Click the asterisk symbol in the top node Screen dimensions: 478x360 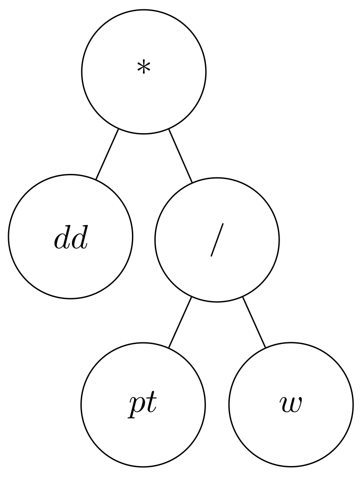(143, 68)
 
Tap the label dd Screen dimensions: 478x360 (71, 240)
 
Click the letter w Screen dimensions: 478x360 (291, 405)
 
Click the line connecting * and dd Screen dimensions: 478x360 (107, 154)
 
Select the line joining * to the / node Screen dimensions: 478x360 (180, 155)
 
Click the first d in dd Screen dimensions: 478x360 (62, 240)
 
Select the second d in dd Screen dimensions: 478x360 (80, 240)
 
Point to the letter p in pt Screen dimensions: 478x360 (137, 407)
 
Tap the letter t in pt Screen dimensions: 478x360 (151, 405)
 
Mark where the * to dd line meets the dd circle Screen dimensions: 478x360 (96, 179)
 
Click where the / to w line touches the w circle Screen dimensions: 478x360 (265, 347)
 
